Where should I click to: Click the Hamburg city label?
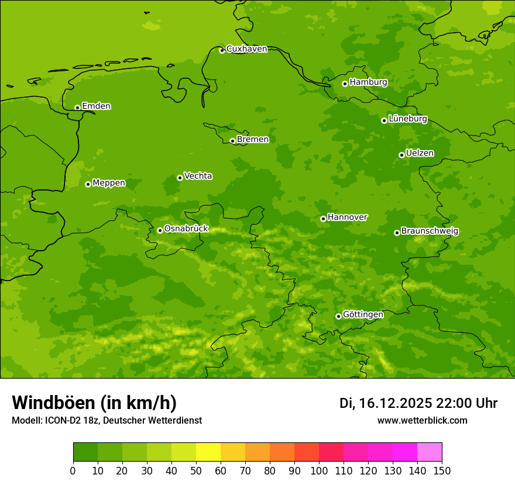click(368, 82)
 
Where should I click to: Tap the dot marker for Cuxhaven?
click(222, 50)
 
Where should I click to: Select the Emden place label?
click(96, 106)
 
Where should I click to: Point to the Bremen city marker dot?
click(232, 141)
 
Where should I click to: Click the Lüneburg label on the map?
click(407, 119)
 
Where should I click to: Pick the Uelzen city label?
click(420, 153)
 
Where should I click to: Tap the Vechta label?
click(198, 176)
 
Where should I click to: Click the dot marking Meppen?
click(88, 184)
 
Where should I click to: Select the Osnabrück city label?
click(186, 228)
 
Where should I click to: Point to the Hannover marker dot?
click(323, 219)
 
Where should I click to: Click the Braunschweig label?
click(430, 231)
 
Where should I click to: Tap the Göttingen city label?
click(363, 314)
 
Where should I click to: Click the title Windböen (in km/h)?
click(94, 403)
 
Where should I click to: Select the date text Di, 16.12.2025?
click(386, 403)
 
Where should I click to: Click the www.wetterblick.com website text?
click(422, 421)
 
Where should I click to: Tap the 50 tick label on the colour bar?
click(196, 470)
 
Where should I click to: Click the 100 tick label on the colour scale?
click(319, 470)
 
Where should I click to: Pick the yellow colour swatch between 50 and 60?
click(208, 452)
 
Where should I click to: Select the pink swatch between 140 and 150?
click(430, 452)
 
